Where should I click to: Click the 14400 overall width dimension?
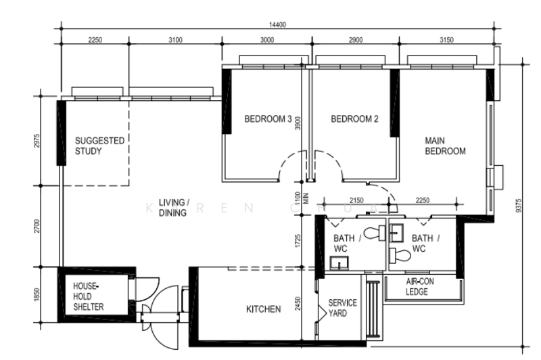(277, 25)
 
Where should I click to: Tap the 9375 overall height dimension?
(519, 205)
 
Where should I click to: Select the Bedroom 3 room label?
(268, 119)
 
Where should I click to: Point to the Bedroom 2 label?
(354, 119)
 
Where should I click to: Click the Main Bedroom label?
(445, 146)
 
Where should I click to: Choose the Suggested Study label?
(99, 146)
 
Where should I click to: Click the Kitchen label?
(263, 309)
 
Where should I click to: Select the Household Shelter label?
(89, 296)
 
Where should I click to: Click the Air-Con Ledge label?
(419, 286)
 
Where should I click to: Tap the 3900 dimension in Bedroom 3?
(298, 123)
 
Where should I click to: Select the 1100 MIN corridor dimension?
(302, 198)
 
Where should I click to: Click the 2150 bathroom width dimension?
(356, 200)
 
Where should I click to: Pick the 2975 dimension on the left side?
(37, 141)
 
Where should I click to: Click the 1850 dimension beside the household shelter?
(37, 295)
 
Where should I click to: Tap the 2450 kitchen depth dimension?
(298, 304)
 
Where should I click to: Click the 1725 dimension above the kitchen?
(298, 241)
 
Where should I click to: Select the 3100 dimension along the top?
(175, 40)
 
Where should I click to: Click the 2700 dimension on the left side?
(37, 226)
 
